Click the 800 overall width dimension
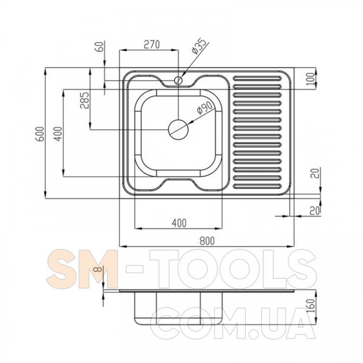tap(207, 241)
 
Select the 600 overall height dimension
tap(40, 134)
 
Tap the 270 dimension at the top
tap(151, 44)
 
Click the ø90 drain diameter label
tap(204, 107)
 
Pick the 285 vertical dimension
tap(84, 100)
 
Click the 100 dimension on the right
tap(311, 79)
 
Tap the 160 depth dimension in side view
tap(311, 305)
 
